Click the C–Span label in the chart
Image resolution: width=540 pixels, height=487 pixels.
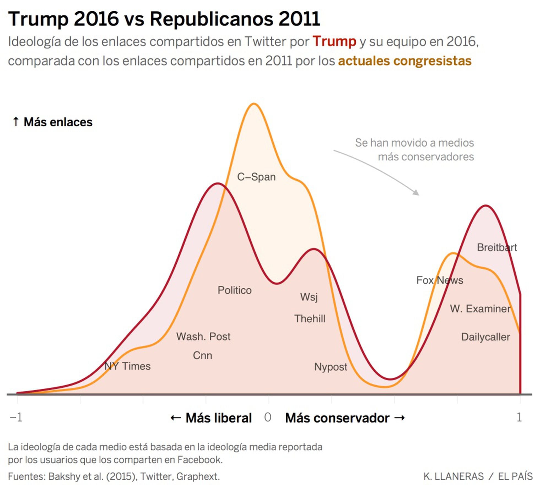[x=256, y=177]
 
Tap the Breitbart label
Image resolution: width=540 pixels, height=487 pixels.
[x=497, y=247]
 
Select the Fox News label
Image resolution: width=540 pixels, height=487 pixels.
[x=440, y=280]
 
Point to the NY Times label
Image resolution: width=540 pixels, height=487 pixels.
[x=128, y=366]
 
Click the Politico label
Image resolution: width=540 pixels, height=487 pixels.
[x=234, y=290]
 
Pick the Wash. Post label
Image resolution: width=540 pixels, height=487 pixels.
[x=203, y=336]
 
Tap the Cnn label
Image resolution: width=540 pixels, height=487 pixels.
[x=202, y=355]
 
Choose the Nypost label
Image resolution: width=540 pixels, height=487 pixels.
[x=331, y=367]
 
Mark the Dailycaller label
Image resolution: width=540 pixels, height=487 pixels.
[x=485, y=337]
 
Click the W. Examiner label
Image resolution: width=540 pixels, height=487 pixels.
[x=480, y=309]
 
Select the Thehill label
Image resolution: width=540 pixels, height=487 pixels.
[x=310, y=319]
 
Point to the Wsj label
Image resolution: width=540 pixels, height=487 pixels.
[x=309, y=297]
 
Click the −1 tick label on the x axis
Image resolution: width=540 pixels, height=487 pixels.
[x=16, y=417]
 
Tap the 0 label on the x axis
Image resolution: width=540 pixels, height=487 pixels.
[x=268, y=417]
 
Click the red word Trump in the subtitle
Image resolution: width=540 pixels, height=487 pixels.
[x=334, y=42]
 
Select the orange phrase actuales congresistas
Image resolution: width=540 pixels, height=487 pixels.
[x=405, y=61]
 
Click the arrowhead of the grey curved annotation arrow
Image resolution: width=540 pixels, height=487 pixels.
[x=416, y=193]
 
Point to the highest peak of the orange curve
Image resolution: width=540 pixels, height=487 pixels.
[x=253, y=104]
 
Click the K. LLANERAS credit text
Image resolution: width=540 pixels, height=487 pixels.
[x=453, y=476]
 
